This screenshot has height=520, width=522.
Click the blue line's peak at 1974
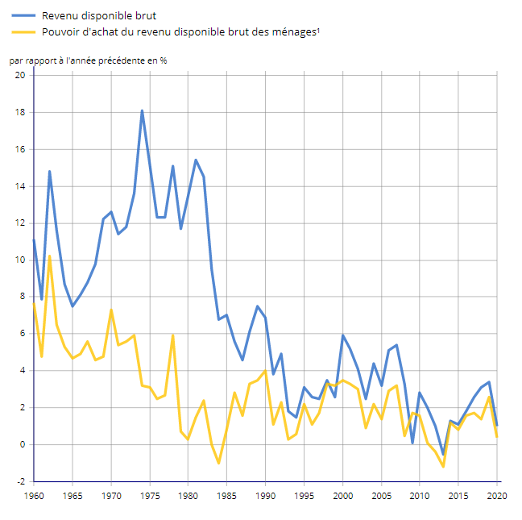pyautogui.click(x=142, y=110)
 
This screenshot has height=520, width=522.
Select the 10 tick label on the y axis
pyautogui.click(x=20, y=260)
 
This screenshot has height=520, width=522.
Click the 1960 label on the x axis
pyautogui.click(x=34, y=495)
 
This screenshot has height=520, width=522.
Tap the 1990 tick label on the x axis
pyautogui.click(x=266, y=495)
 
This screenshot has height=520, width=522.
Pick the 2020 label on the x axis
pyautogui.click(x=497, y=495)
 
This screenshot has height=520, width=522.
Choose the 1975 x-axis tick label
pyautogui.click(x=150, y=495)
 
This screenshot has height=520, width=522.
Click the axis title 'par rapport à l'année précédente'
pyautogui.click(x=89, y=60)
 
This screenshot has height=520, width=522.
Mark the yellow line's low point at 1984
pyautogui.click(x=219, y=463)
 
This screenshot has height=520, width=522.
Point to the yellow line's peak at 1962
pyautogui.click(x=49, y=256)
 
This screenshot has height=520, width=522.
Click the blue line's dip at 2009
pyautogui.click(x=412, y=443)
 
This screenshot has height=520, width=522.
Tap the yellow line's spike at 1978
pyautogui.click(x=173, y=335)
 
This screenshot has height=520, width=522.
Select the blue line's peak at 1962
pyautogui.click(x=49, y=171)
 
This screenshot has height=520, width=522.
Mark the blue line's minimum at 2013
pyautogui.click(x=443, y=454)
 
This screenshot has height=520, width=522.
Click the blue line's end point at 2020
pyautogui.click(x=497, y=425)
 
